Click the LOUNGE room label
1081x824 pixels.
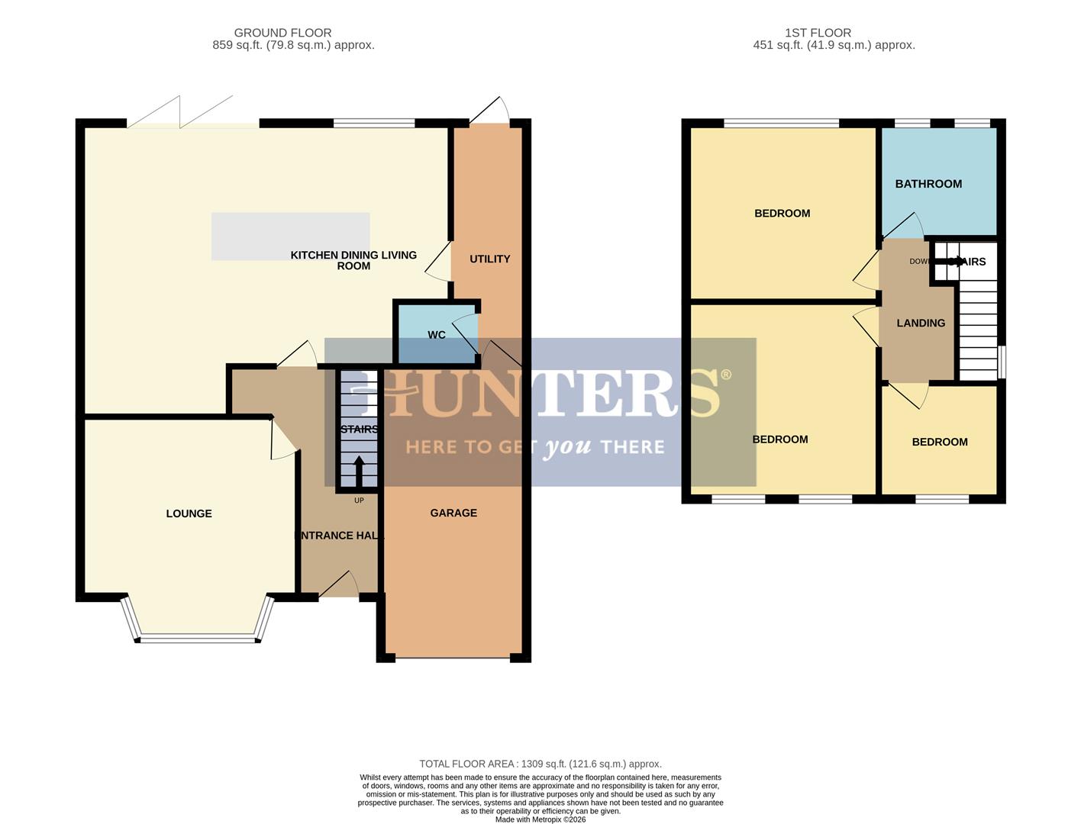[189, 513]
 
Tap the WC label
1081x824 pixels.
[436, 335]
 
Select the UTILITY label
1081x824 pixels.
[489, 259]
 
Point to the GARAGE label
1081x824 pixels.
[453, 513]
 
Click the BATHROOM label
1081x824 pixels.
[928, 184]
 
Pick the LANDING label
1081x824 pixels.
[921, 323]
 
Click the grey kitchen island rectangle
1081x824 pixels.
[290, 236]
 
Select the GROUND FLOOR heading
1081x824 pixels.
[282, 33]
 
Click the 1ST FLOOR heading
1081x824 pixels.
[818, 33]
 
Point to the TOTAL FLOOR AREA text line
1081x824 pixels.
[540, 764]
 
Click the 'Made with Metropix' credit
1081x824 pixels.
[540, 819]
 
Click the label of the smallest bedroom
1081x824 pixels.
[939, 442]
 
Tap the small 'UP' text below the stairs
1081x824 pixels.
[359, 501]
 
